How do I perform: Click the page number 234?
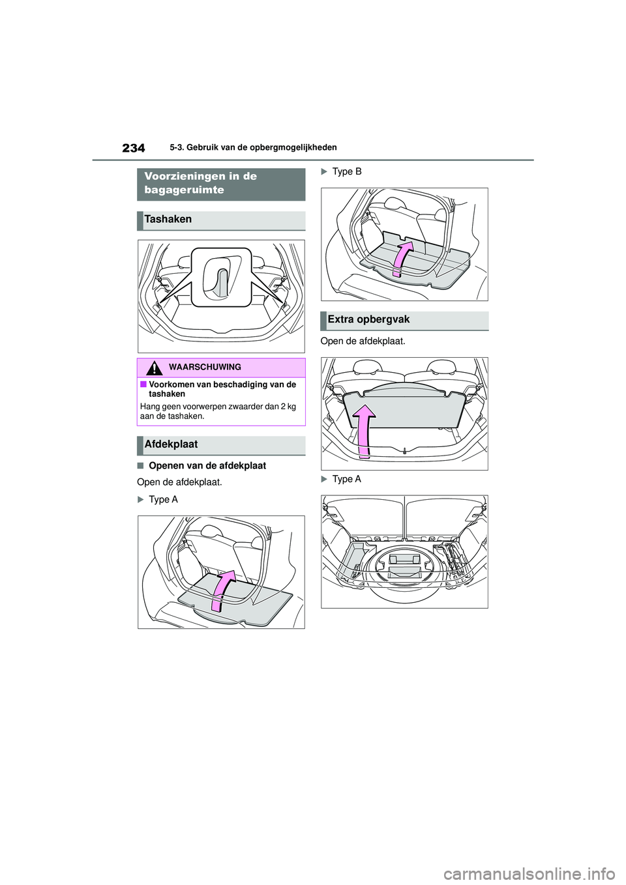(134, 149)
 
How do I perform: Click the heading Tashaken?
(168, 220)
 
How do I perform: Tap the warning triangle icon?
(154, 368)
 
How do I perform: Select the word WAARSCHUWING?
(205, 368)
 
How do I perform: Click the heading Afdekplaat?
(171, 444)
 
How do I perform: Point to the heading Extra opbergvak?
(368, 319)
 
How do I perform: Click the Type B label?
(346, 172)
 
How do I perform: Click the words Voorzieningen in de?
(200, 177)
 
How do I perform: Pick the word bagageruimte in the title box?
(184, 190)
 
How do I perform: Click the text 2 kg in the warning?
(287, 407)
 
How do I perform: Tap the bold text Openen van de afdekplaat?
(207, 466)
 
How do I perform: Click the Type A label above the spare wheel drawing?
(346, 480)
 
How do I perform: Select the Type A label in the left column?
(163, 500)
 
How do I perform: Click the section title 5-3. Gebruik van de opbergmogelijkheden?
(253, 148)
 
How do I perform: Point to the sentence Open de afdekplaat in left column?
(179, 483)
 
